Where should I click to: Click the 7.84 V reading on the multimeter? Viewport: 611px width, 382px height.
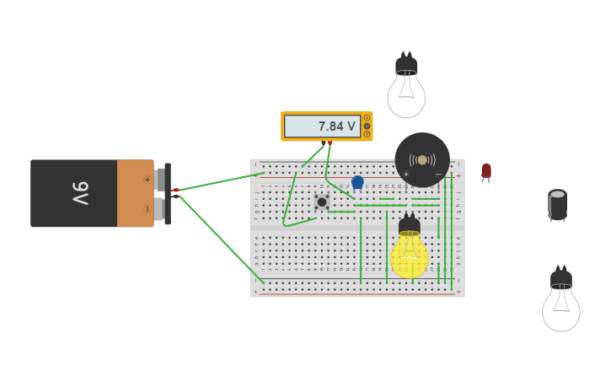[336, 126]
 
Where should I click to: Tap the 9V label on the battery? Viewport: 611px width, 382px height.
[79, 193]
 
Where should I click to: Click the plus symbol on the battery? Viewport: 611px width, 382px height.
[147, 180]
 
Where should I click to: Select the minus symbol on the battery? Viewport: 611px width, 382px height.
[147, 208]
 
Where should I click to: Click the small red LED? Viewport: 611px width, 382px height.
[486, 171]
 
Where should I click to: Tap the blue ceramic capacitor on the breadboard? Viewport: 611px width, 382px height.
[357, 181]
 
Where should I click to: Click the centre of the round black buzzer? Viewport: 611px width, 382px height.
[422, 159]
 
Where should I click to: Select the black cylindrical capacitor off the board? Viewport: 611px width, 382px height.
[557, 205]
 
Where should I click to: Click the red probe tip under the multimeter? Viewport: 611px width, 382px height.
[330, 144]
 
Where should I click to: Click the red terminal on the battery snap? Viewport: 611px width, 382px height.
[175, 191]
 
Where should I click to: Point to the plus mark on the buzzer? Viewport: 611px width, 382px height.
[406, 174]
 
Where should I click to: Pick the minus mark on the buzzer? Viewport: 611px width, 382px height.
[438, 174]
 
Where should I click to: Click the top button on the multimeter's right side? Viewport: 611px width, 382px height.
[367, 118]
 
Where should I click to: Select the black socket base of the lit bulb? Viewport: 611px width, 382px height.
[410, 225]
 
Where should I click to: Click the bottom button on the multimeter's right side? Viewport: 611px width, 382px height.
[367, 134]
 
